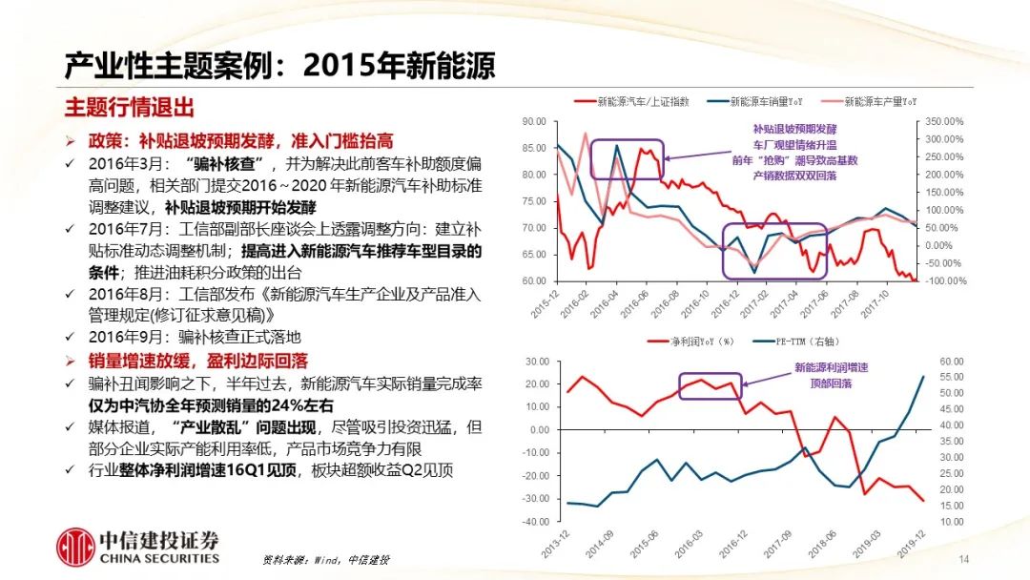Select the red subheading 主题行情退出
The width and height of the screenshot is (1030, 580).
click(129, 106)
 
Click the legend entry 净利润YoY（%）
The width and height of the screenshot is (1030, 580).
click(686, 342)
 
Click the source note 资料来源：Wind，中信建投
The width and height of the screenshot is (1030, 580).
click(325, 560)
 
